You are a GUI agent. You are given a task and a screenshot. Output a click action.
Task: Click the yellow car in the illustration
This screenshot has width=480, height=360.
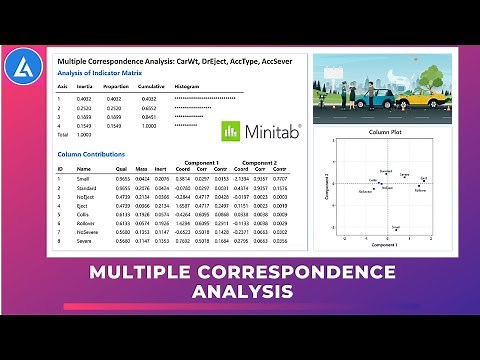pyautogui.click(x=420, y=97)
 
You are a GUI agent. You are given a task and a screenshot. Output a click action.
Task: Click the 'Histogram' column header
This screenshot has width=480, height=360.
pyautogui.click(x=187, y=88)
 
